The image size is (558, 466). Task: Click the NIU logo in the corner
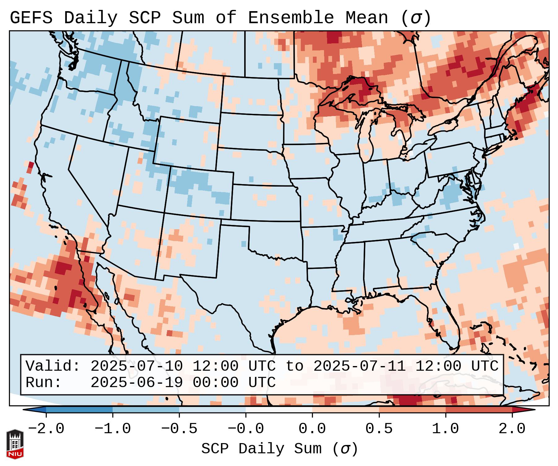[15, 444]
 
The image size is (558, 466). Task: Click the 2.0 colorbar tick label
[512, 429]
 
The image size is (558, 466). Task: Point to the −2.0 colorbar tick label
[46, 429]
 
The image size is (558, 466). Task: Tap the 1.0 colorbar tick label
[445, 429]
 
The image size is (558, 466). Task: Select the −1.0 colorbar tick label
[113, 429]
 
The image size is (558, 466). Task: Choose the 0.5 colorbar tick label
[379, 429]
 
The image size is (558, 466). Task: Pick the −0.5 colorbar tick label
[179, 429]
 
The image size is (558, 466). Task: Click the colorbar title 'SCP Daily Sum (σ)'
[279, 449]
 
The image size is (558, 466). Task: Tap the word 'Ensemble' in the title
[291, 18]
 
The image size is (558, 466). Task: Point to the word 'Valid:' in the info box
[53, 366]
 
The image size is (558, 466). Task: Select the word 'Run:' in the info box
[43, 382]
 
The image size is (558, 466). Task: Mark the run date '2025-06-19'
[136, 382]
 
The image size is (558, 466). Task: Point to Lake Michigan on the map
[369, 130]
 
